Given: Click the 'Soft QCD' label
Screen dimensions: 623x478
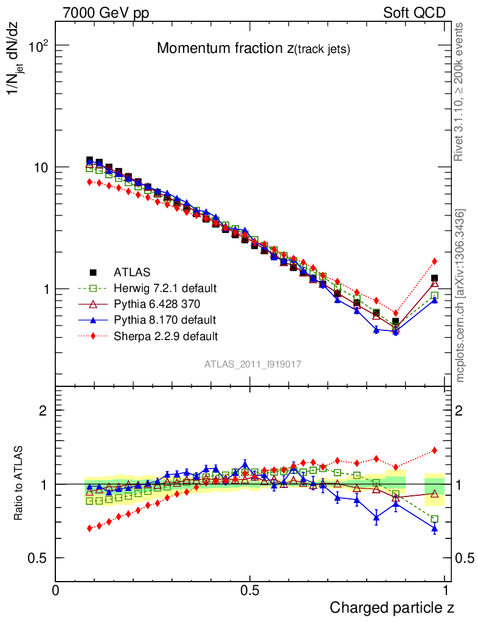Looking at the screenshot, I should pos(414,13).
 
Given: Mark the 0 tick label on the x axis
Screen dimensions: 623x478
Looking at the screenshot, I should pos(55,590).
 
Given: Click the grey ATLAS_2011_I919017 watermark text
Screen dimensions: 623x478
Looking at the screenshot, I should pos(253,364).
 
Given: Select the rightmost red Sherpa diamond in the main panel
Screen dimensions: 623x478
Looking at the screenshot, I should pos(435,262).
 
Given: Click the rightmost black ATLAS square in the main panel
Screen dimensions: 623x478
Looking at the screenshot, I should pos(435,279).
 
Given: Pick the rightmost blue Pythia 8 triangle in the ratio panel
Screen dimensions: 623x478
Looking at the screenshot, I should pos(435,529).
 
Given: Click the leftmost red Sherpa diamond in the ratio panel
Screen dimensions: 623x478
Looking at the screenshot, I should pos(90,528).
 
